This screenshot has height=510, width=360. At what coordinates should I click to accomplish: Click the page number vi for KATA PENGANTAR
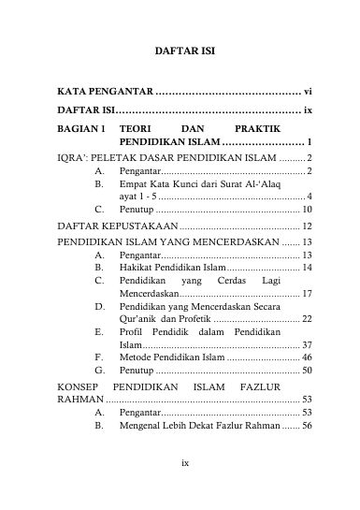pos(307,95)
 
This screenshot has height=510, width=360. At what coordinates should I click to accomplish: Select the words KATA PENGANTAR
pos(104,95)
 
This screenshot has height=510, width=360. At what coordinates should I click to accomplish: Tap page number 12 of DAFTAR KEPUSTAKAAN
pos(307,226)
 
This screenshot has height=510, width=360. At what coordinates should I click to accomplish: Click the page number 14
pos(307,268)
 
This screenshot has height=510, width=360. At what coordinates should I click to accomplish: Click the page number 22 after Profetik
pos(307,319)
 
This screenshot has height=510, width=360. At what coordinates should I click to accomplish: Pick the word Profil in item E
pos(134,333)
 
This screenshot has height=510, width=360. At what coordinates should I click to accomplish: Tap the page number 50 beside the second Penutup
pos(307,372)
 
